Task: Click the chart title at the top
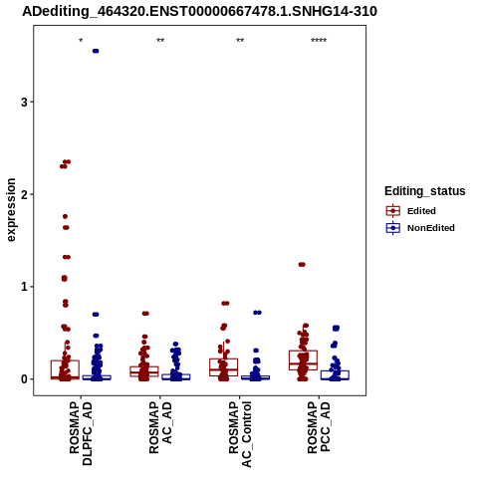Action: tap(199, 12)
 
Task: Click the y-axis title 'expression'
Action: tap(11, 210)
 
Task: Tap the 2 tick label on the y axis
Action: tap(24, 194)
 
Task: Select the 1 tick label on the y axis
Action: tap(24, 287)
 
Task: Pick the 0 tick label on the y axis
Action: tap(24, 378)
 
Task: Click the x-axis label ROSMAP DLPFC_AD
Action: tap(81, 433)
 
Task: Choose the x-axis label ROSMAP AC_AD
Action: tap(160, 427)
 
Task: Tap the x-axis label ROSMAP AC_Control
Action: tap(240, 434)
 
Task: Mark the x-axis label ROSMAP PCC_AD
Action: tap(319, 427)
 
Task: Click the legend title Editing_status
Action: tap(425, 191)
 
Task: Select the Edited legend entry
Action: tap(411, 211)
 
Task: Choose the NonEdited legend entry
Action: tap(420, 228)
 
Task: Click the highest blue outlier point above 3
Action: tap(96, 51)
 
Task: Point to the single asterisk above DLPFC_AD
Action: tap(81, 41)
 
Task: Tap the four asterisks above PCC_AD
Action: tap(319, 41)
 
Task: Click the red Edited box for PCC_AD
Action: tap(303, 360)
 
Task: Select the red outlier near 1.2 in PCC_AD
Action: tap(302, 265)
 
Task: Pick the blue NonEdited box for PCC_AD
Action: tap(335, 375)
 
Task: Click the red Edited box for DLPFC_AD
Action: tap(65, 369)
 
